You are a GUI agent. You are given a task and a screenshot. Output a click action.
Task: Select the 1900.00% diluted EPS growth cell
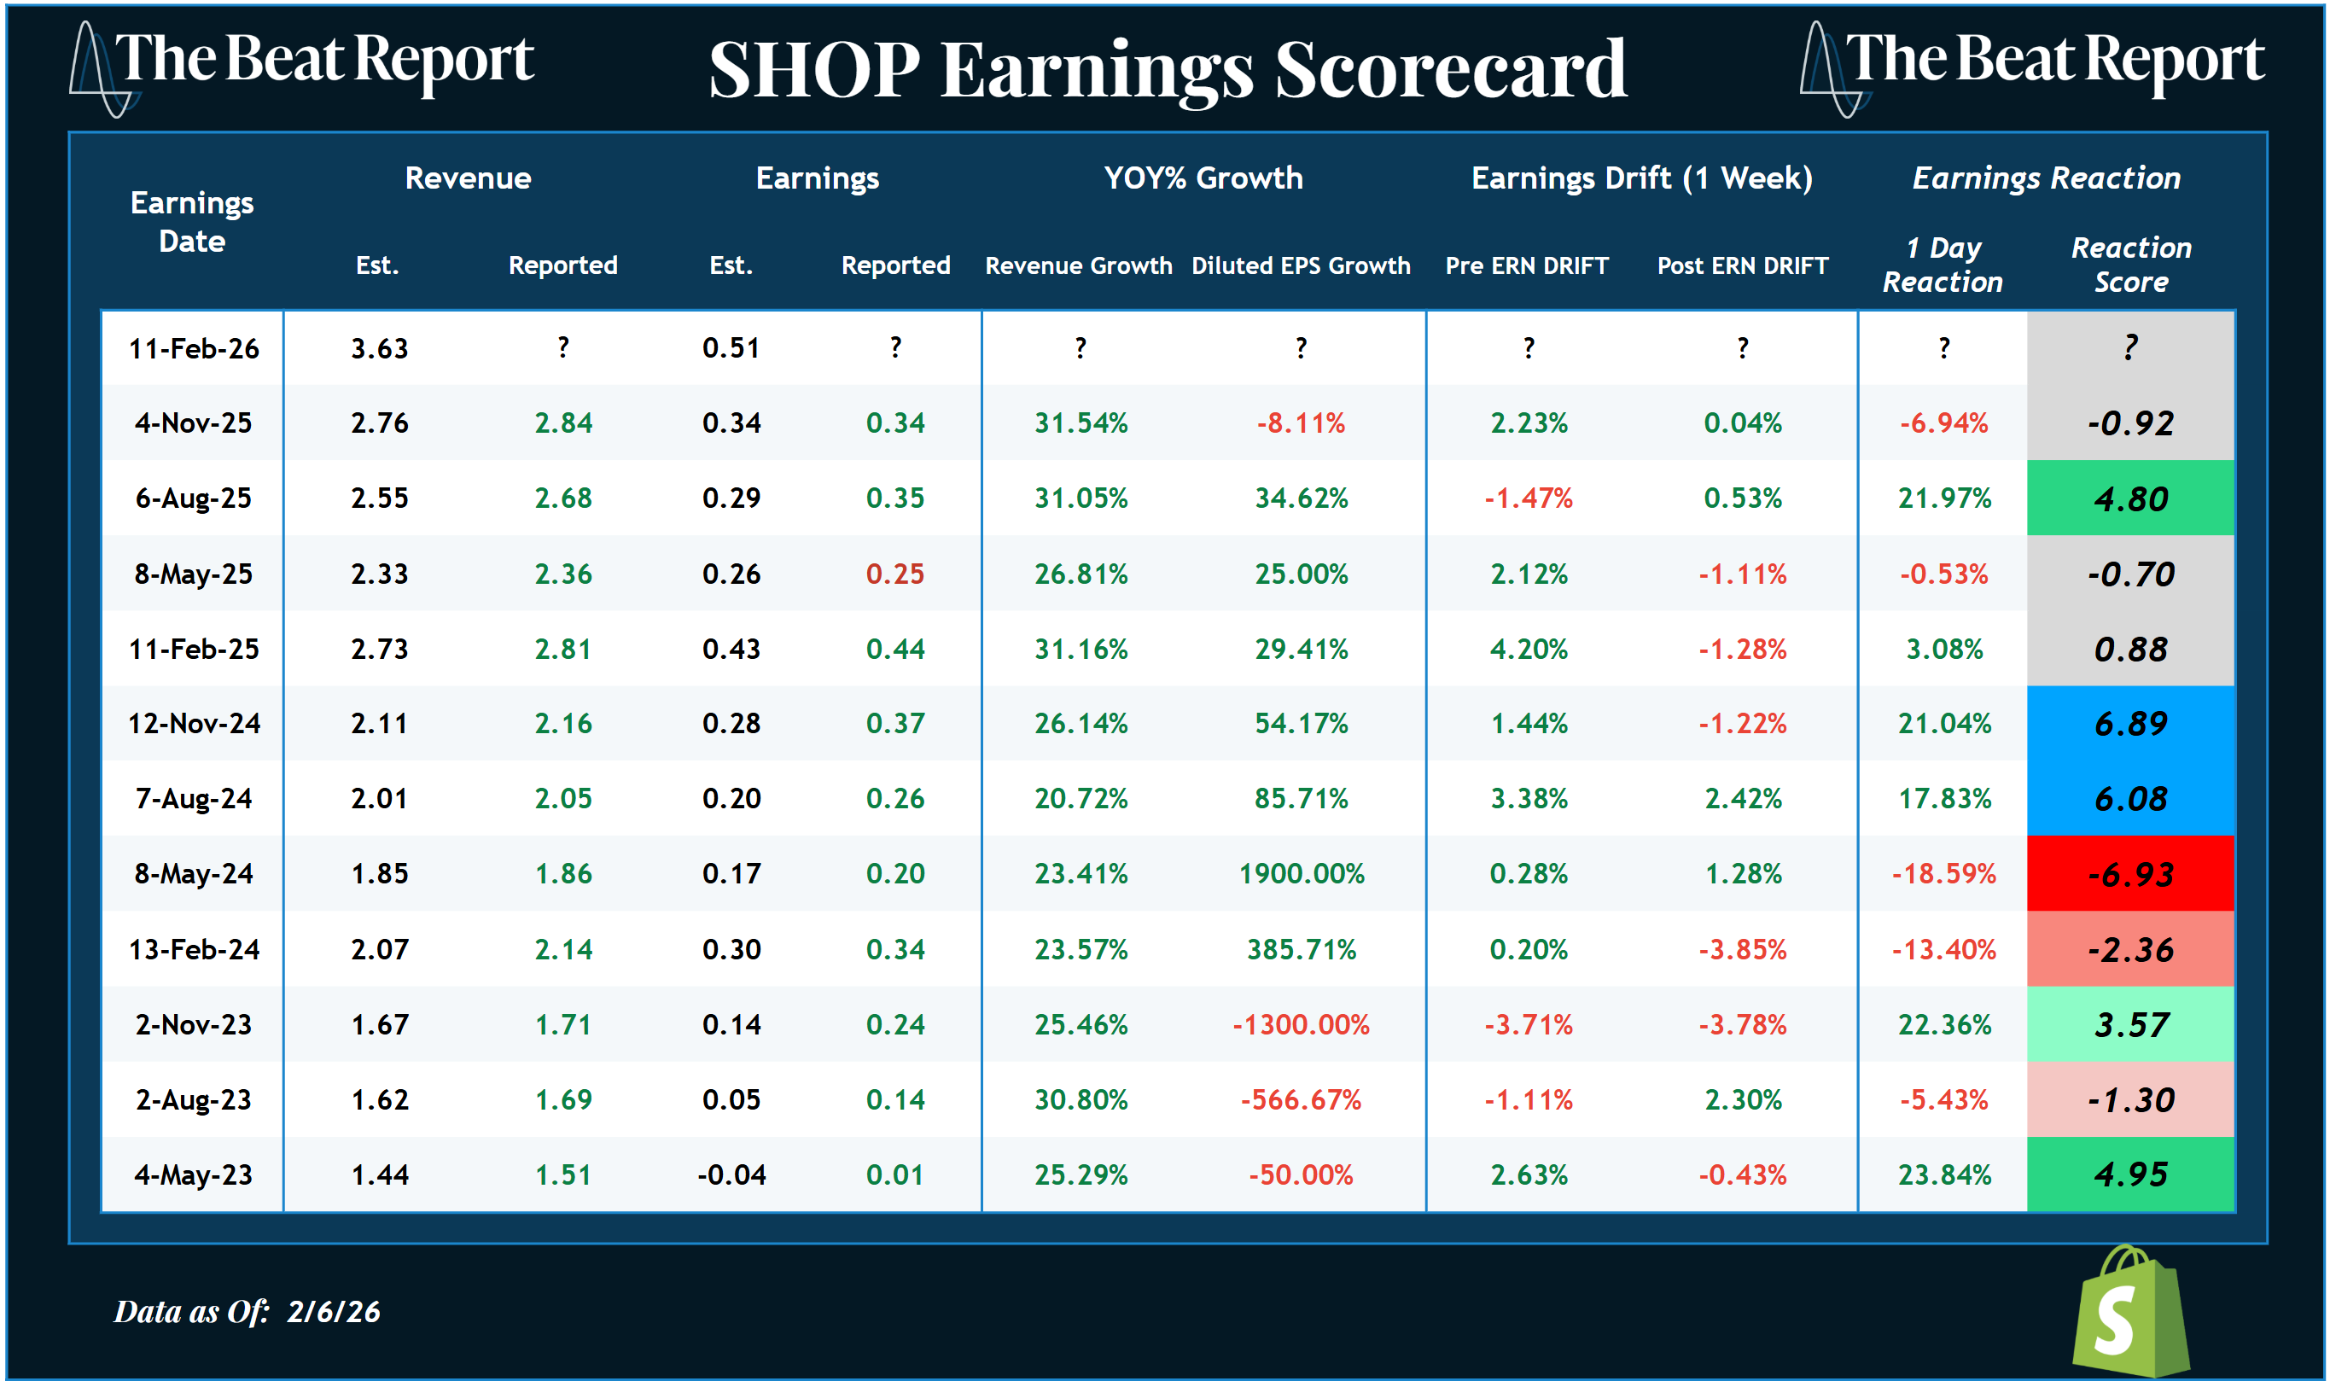[x=1300, y=874]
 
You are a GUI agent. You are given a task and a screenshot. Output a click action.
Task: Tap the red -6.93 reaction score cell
[x=2129, y=874]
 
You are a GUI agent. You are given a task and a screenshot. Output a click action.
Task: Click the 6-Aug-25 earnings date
[x=193, y=498]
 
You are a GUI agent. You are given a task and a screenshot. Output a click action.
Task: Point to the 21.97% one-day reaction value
[x=1943, y=498]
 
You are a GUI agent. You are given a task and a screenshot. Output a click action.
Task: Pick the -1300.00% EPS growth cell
[x=1300, y=1025]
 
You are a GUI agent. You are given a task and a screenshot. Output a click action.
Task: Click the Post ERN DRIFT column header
[x=1741, y=265]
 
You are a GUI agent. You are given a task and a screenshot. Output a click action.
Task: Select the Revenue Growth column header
[x=1078, y=265]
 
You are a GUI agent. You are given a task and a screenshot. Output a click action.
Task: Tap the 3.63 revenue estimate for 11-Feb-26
[x=379, y=348]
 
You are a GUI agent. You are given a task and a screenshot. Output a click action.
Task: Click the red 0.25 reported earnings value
[x=894, y=574]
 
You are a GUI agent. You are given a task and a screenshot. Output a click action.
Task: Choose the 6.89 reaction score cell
[x=2129, y=724]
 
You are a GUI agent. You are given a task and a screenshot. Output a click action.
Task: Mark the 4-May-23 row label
[x=193, y=1174]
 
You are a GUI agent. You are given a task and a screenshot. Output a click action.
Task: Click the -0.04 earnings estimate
[x=731, y=1174]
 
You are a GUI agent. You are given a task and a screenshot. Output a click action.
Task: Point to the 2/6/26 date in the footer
[x=333, y=1312]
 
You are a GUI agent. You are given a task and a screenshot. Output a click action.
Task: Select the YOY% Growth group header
[x=1203, y=178]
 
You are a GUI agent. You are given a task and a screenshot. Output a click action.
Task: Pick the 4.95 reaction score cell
[x=2129, y=1174]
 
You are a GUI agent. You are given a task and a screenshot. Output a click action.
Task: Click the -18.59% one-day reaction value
[x=1943, y=874]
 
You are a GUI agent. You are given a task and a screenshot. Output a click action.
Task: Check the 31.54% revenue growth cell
[x=1081, y=423]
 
